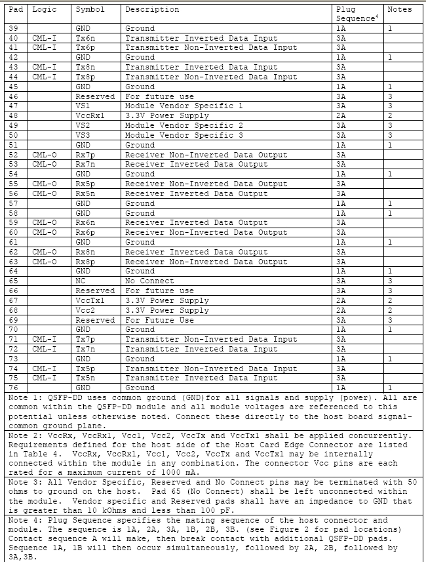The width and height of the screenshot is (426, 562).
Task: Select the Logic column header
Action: [x=44, y=10]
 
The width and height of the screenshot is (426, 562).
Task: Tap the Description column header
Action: [x=152, y=10]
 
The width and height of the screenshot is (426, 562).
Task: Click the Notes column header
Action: [x=400, y=10]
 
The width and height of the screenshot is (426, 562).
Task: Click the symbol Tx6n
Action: [x=85, y=38]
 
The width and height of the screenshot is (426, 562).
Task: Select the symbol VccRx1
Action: [x=89, y=115]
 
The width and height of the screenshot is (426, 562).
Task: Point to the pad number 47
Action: [x=14, y=106]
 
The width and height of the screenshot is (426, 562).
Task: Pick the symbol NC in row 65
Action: [x=80, y=281]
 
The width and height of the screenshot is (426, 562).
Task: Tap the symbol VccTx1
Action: [x=89, y=300]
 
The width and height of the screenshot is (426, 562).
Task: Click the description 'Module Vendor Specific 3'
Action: [x=184, y=135]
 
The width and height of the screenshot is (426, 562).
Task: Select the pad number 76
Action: [x=14, y=388]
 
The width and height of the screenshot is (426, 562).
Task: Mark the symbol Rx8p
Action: [x=85, y=262]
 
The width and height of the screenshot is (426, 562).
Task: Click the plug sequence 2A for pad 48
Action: [x=341, y=115]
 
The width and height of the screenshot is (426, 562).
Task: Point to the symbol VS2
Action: [x=83, y=125]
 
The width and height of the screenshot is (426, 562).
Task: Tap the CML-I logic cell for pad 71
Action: [x=44, y=339]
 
